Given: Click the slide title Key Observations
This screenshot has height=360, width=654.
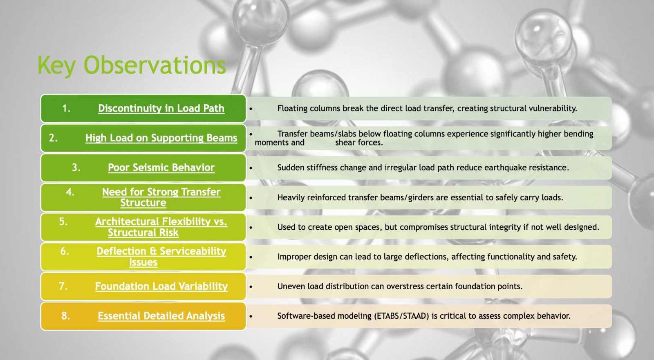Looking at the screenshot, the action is pos(132,65).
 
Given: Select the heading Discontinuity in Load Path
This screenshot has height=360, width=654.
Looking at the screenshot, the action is pos(161,108).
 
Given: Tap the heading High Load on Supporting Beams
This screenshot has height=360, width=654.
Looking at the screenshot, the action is pos(161,138).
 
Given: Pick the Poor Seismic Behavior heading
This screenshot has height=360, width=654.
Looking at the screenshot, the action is pos(161,168).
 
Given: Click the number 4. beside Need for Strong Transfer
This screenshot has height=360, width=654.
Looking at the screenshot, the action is pos(70,192).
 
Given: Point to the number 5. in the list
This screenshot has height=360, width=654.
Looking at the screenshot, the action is pos(63,221).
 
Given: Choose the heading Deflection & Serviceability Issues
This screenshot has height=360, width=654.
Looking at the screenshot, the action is pos(161,257).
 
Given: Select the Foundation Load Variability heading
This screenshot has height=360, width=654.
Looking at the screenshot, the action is pos(161,286).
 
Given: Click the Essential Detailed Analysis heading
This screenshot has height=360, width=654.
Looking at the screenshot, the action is pos(161,316).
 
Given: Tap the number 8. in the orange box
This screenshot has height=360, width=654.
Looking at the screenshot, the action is pos(66,315).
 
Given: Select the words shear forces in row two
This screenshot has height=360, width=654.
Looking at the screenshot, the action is pos(359,143).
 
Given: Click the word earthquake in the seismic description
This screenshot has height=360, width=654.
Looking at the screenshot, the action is pos(502,168).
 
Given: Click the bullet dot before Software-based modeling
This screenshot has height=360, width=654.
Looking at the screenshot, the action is pos(251,316).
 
